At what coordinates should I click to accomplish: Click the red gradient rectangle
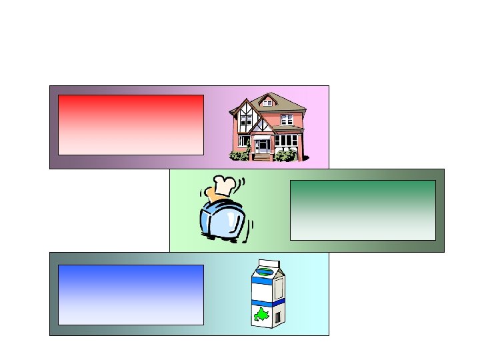131,125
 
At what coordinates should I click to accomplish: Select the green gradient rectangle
363,210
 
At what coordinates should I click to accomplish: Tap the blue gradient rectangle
131,295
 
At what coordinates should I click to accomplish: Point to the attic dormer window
267,103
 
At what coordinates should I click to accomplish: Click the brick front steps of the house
263,157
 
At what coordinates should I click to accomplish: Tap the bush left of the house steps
239,155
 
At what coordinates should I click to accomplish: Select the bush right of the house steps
286,155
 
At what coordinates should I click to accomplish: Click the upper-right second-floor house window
287,119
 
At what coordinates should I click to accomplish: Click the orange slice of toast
213,195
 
